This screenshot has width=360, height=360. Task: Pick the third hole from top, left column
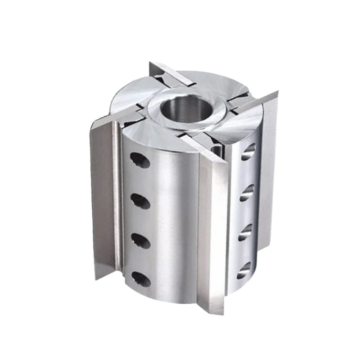[140, 240]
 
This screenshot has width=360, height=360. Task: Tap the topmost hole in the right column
[248, 152]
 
